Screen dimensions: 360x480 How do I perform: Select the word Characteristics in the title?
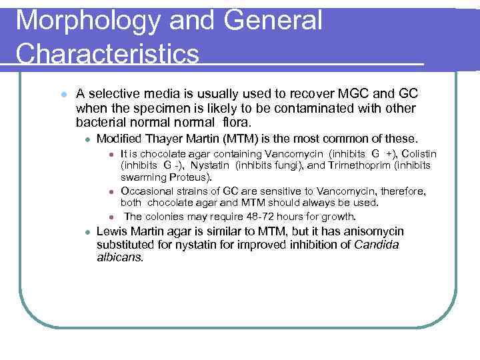tap(107, 54)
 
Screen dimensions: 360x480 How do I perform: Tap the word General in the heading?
tap(274, 20)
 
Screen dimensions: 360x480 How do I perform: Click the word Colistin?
tap(417, 154)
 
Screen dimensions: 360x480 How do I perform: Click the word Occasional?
tap(145, 191)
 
